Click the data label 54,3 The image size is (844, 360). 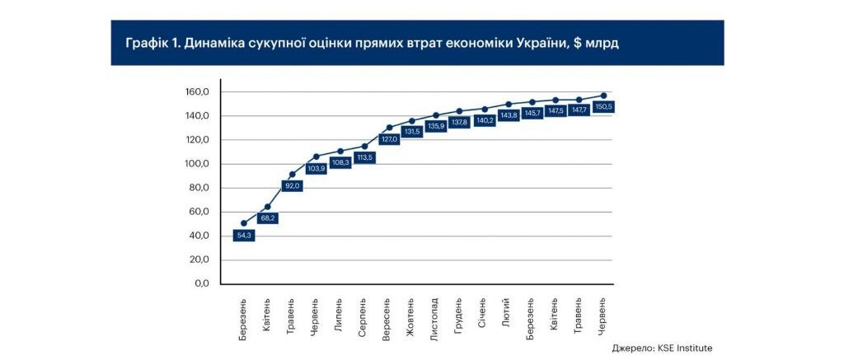244,236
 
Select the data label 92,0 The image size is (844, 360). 292,186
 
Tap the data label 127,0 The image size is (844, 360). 388,139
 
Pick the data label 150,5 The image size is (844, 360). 603,107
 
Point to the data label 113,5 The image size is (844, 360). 364,157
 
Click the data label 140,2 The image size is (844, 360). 484,120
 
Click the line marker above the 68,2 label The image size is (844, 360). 268,207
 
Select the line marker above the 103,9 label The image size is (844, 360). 316,157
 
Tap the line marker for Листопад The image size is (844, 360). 436,115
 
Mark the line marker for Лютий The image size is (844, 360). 508,105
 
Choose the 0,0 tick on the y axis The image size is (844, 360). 202,283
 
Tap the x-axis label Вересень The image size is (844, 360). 387,317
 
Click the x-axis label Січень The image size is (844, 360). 484,313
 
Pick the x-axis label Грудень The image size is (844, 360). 459,315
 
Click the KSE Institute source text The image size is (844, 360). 684,348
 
